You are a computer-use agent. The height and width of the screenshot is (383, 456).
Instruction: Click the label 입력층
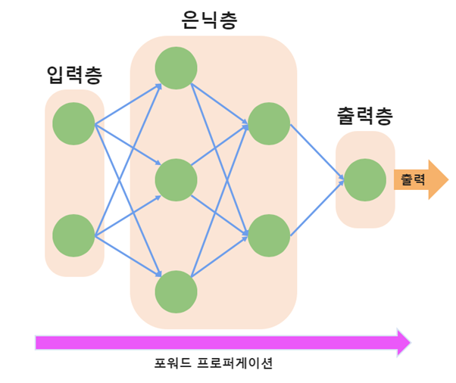pos(74,75)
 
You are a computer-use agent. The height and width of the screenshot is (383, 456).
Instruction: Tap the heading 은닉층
pos(210,20)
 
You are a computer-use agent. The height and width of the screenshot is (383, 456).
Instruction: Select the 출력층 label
pos(365,117)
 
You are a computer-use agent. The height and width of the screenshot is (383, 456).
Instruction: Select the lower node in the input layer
pos(74,235)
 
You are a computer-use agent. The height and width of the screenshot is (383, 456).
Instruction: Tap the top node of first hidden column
pos(176,68)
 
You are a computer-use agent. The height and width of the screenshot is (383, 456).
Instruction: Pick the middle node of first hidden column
pos(176,180)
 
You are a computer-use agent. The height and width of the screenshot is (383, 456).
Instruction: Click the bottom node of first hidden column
pos(176,291)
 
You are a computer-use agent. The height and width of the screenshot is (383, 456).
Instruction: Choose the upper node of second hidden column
pos(269,124)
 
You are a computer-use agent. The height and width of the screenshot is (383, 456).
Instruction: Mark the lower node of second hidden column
pos(269,235)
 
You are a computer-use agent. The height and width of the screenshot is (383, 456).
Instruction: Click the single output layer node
pos(365,179)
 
